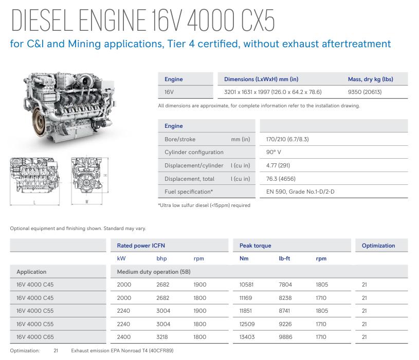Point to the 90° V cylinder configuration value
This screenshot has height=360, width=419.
[274, 152]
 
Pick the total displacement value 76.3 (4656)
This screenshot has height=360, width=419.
[281, 179]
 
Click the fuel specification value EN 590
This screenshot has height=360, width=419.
[300, 192]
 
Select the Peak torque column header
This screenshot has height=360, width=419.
[255, 245]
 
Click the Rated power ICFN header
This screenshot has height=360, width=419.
[141, 245]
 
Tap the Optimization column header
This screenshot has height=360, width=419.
[378, 245]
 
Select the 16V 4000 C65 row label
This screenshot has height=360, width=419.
[35, 337]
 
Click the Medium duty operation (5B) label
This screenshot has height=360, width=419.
[154, 272]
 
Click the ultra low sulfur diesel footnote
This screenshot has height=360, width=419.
[204, 205]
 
